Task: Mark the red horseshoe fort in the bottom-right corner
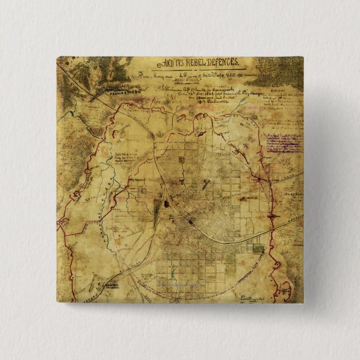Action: tap(287, 290)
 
